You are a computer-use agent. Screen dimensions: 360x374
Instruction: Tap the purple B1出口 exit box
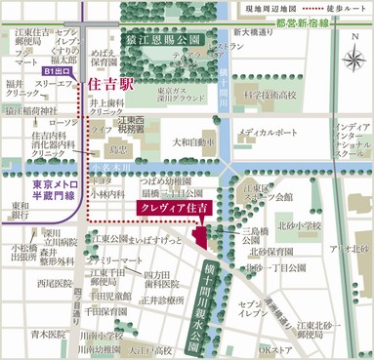pyautogui.click(x=58, y=71)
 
